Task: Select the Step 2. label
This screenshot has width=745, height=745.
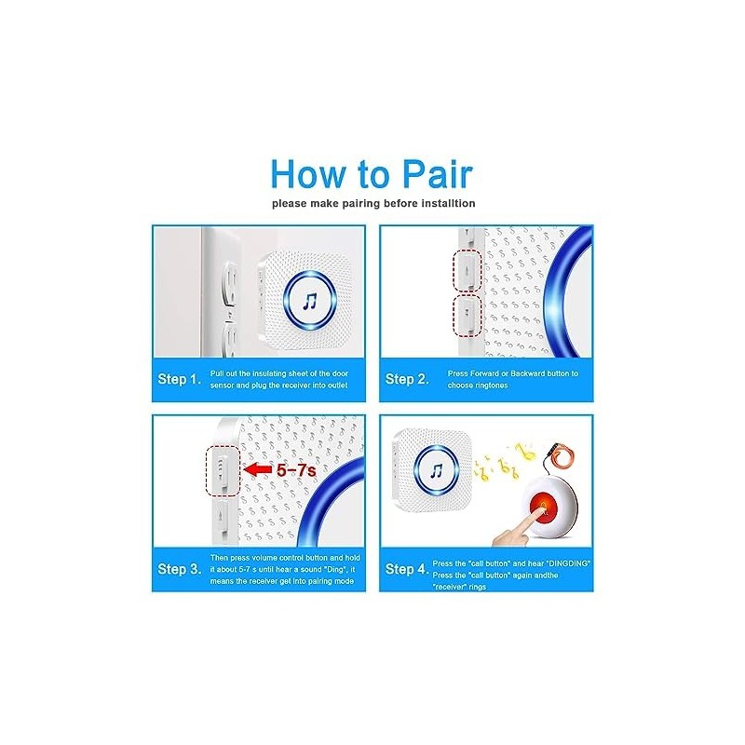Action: [x=406, y=379]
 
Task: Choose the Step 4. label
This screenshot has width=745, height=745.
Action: [x=406, y=568]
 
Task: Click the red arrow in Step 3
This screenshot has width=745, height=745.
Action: [x=256, y=471]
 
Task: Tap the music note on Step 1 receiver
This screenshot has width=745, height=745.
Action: [x=311, y=303]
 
